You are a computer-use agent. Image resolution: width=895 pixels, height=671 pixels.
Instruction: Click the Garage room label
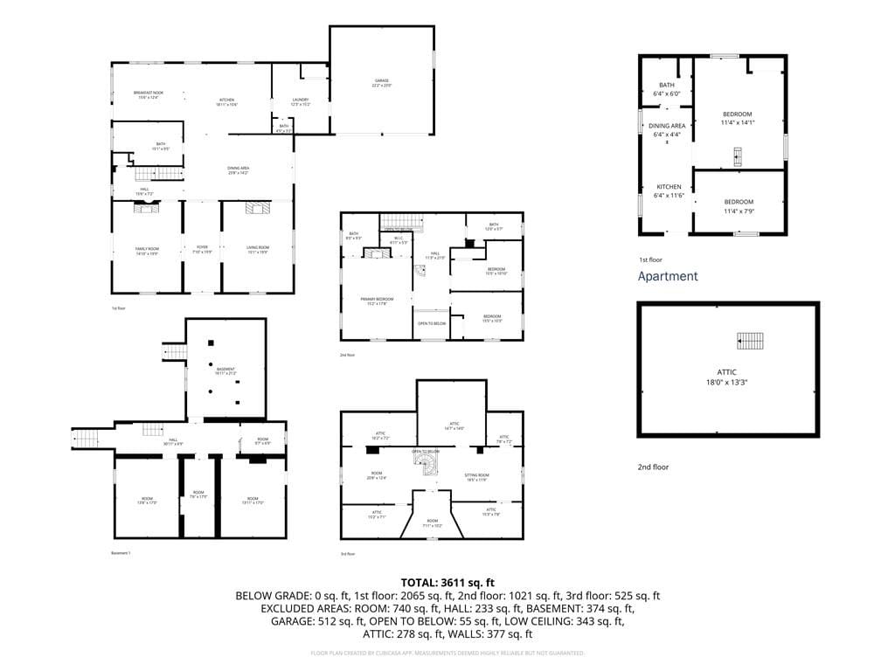click(x=381, y=83)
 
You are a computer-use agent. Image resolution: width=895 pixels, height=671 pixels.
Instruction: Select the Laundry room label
click(x=301, y=102)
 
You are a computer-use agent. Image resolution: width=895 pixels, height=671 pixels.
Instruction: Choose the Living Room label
click(x=257, y=250)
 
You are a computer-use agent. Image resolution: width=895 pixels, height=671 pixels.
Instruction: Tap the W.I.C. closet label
click(x=397, y=239)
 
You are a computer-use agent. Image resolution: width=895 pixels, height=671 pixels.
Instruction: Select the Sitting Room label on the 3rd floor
click(x=477, y=477)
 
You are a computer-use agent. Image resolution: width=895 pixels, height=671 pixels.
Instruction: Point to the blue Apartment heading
click(x=668, y=276)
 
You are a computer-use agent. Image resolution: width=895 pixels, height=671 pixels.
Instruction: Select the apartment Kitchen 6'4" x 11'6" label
click(x=669, y=191)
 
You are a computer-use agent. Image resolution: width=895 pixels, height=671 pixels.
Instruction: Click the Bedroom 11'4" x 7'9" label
click(x=738, y=206)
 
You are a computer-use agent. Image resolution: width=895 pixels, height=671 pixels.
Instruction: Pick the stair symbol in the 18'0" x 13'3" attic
click(x=749, y=341)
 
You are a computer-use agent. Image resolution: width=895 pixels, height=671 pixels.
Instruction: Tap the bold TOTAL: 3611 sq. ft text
click(x=447, y=582)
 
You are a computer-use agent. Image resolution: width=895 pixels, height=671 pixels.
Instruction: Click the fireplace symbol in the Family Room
click(x=146, y=208)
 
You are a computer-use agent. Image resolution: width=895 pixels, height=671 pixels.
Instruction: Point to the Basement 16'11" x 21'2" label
click(x=226, y=371)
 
